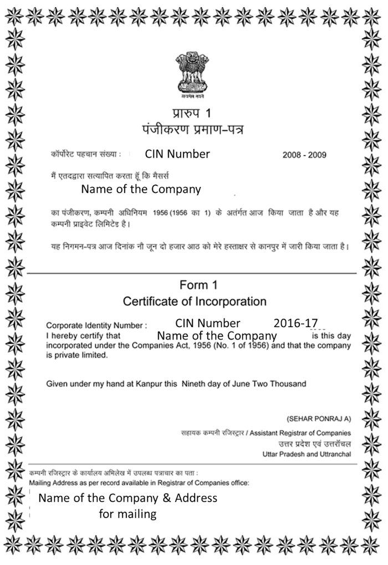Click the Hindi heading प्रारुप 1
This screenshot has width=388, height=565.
click(x=192, y=114)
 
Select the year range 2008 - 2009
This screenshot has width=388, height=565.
click(x=304, y=155)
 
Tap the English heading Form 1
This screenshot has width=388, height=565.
click(x=194, y=285)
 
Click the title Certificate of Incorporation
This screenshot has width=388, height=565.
click(x=195, y=302)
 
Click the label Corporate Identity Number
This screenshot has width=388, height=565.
click(x=96, y=326)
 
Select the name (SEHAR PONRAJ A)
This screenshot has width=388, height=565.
click(x=318, y=418)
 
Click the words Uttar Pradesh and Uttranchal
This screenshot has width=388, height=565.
click(x=307, y=455)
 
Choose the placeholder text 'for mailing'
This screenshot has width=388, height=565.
click(x=127, y=514)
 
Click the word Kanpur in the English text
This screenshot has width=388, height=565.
click(x=146, y=383)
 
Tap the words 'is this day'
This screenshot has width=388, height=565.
click(x=331, y=336)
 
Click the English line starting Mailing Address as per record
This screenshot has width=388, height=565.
click(x=139, y=483)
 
